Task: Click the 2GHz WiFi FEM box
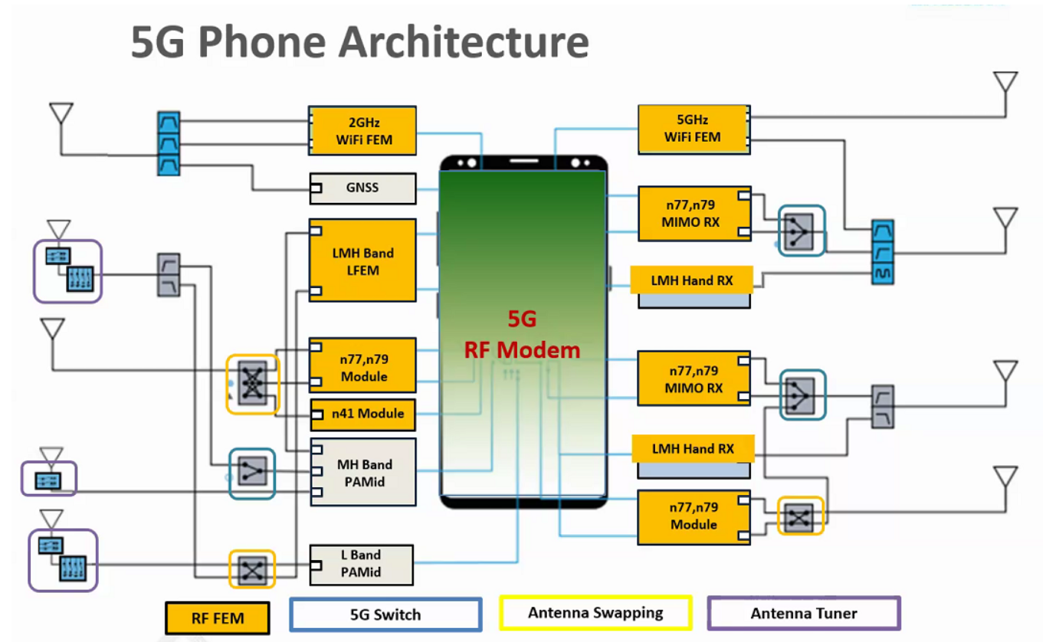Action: [362, 131]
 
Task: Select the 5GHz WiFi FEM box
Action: [693, 129]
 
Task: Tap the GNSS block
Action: [362, 188]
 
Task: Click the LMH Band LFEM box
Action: [362, 260]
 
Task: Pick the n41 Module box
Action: [362, 414]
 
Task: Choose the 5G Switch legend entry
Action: [385, 614]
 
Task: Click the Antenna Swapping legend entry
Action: [595, 613]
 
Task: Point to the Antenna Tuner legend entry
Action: [804, 614]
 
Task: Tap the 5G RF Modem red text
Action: [523, 335]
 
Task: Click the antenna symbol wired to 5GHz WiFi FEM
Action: [1005, 84]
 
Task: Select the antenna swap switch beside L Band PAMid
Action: [252, 569]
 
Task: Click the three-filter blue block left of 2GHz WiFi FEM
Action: [168, 143]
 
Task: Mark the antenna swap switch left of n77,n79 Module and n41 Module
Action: [252, 384]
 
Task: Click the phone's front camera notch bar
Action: [523, 162]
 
